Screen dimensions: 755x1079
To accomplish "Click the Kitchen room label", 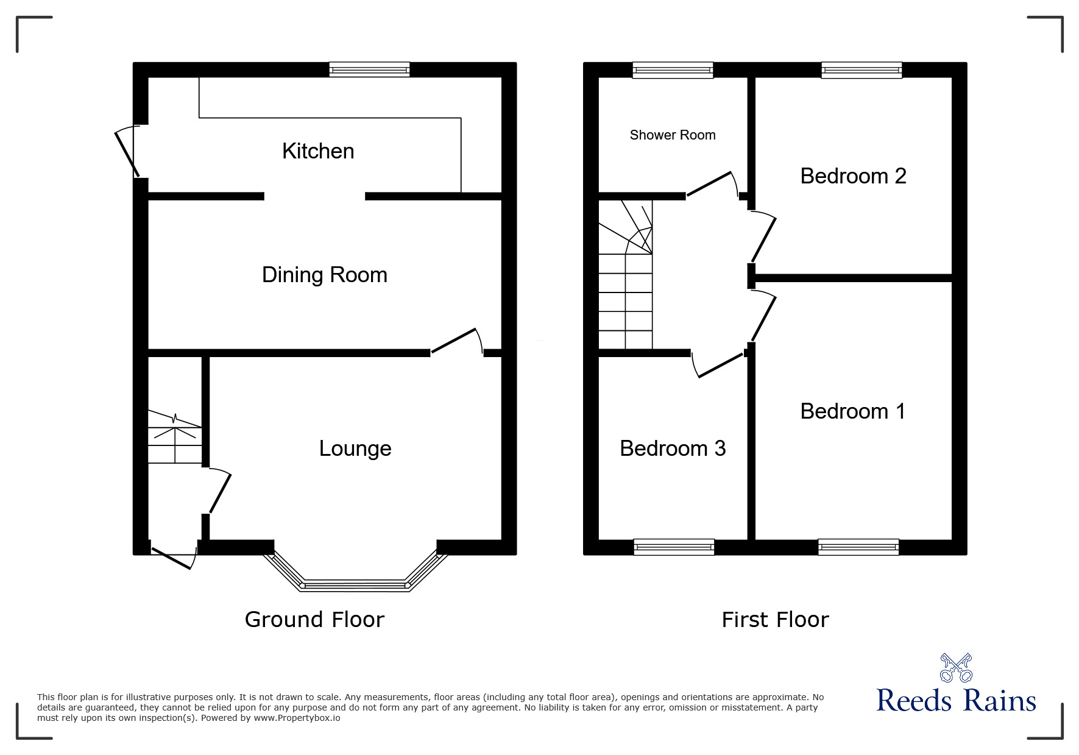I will [318, 151].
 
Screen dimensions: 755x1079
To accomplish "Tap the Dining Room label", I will [324, 275].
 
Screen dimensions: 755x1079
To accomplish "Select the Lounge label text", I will [355, 448].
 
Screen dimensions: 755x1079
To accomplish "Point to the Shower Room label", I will [673, 135].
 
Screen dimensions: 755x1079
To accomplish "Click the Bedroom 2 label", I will [853, 176].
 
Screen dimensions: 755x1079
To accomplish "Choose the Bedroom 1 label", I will [852, 411].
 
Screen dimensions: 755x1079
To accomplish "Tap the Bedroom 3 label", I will [673, 448].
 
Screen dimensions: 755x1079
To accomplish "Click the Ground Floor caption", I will [314, 620].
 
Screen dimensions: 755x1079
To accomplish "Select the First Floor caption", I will [775, 620].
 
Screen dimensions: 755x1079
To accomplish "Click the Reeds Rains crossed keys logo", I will [956, 668].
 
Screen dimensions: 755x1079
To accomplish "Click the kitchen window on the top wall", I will [369, 70].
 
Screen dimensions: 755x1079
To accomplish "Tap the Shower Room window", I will [673, 70].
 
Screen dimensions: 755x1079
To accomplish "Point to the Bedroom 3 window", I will [674, 547].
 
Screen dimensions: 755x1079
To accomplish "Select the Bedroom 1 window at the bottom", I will [858, 547].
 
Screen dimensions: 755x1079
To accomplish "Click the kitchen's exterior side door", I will [126, 151].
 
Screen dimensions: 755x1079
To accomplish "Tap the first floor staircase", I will [625, 286].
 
